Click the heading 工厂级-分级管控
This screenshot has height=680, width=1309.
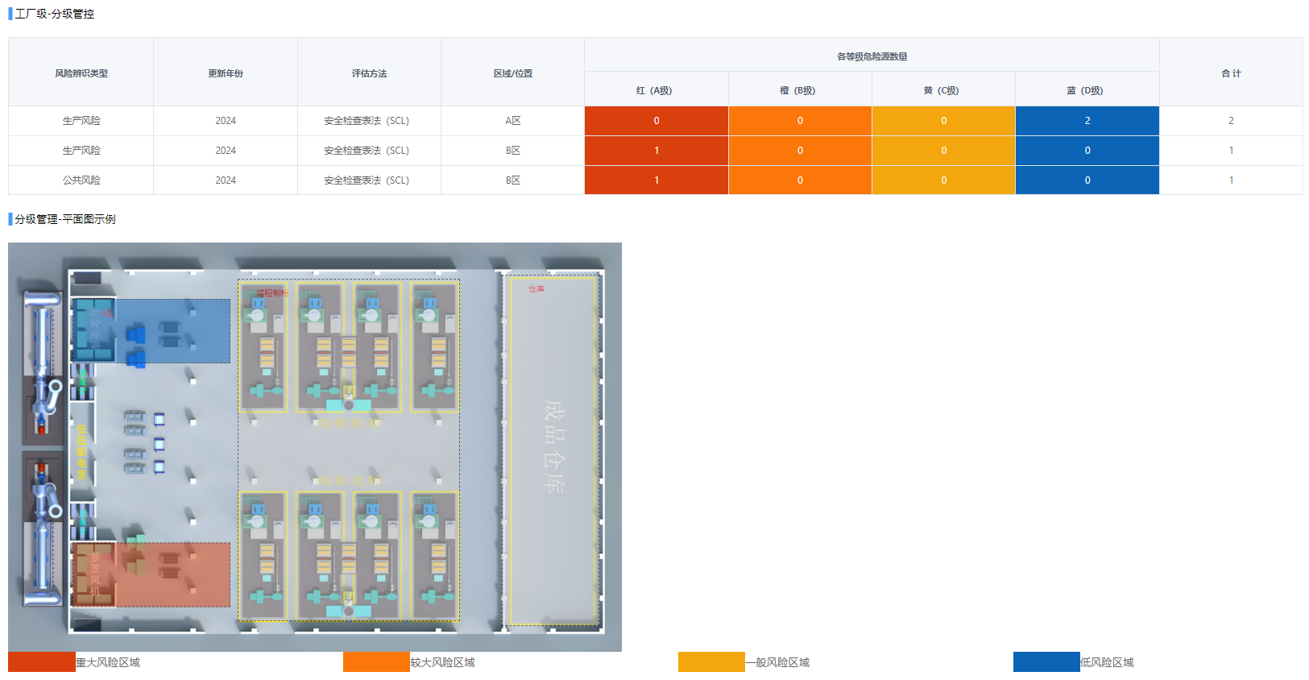point(54,14)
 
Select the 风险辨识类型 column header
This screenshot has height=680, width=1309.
point(81,73)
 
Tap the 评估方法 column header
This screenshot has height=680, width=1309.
point(369,73)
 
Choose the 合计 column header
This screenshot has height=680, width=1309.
point(1231,73)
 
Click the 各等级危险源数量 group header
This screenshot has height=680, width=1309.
point(872,56)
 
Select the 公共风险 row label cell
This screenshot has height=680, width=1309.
point(81,180)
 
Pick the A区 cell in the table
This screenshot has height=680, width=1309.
point(513,121)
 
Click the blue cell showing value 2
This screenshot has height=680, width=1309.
point(1087,121)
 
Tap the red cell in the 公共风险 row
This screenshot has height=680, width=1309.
point(657,180)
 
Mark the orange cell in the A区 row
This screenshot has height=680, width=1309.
point(800,121)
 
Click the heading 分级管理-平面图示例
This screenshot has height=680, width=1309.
point(64,219)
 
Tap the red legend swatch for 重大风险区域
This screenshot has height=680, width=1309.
point(42,662)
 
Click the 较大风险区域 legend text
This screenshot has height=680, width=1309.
point(442,662)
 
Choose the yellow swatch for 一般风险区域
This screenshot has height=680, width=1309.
point(711,662)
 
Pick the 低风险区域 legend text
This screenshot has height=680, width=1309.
point(1107,662)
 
